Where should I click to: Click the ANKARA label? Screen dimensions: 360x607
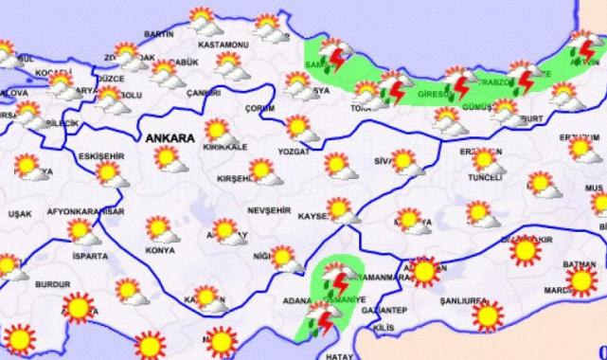coord(170,137)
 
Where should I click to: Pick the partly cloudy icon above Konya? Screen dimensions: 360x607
coord(158,228)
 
